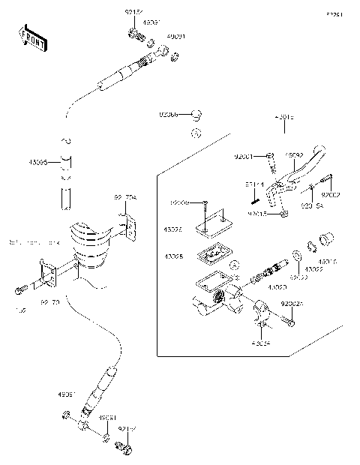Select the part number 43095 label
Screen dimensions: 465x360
point(38,162)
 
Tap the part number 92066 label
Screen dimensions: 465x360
point(169,114)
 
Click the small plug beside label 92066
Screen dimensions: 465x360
point(197,115)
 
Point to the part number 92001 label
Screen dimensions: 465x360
point(244,157)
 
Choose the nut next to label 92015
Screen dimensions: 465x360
point(283,214)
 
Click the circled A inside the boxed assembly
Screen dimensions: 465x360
point(234,264)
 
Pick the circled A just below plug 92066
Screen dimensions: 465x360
point(194,133)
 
